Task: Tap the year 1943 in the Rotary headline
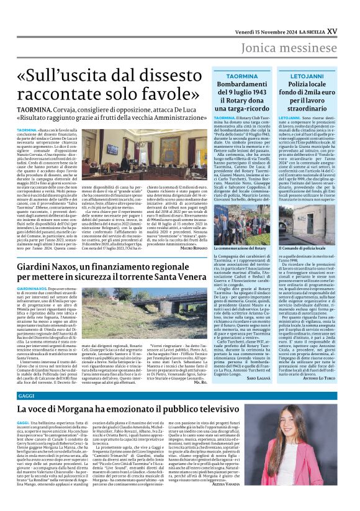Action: [x=259, y=92]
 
